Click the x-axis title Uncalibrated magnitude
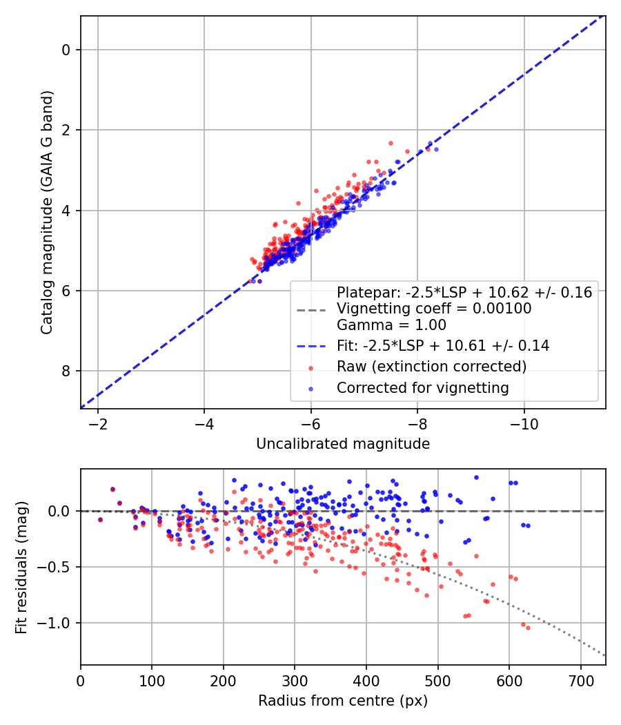click(x=343, y=444)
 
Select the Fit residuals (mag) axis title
click(x=21, y=568)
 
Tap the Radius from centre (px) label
click(x=343, y=701)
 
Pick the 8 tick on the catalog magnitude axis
click(x=66, y=371)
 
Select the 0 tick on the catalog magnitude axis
click(x=66, y=50)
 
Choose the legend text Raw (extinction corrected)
click(x=431, y=367)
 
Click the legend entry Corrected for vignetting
click(x=422, y=388)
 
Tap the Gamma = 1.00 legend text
click(x=391, y=325)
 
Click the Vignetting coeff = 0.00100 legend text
click(x=434, y=309)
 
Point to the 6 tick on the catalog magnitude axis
click(x=66, y=291)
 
